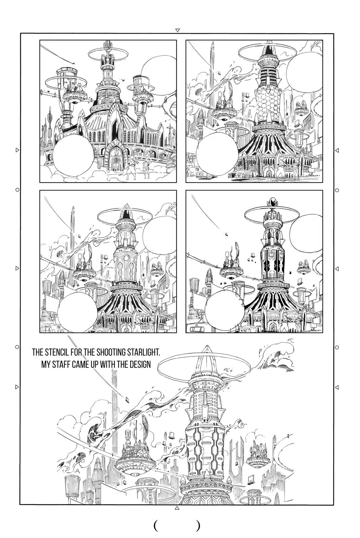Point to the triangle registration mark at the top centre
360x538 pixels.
click(178, 30)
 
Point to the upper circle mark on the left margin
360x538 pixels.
click(17, 190)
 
